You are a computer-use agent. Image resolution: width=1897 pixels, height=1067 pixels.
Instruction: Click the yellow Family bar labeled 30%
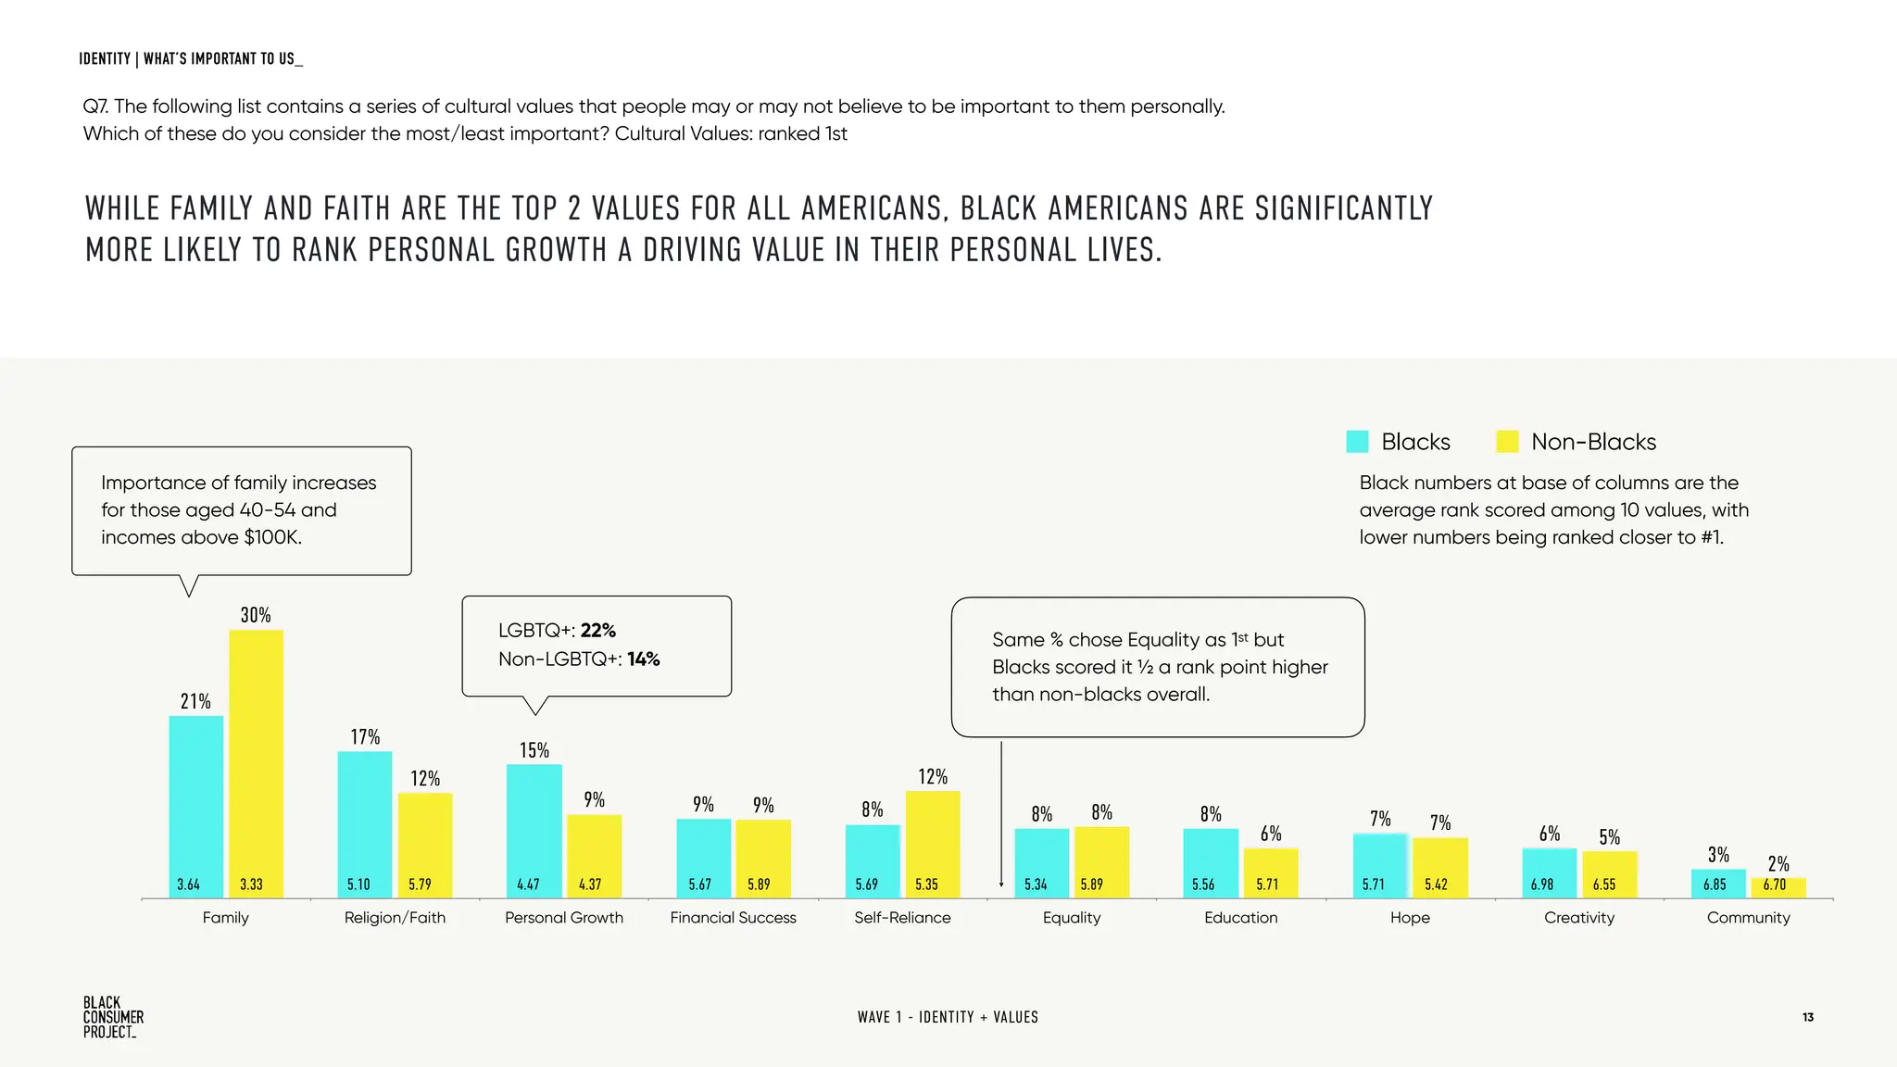pyautogui.click(x=256, y=759)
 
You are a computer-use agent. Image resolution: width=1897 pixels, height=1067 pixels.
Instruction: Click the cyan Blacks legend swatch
pyautogui.click(x=1357, y=442)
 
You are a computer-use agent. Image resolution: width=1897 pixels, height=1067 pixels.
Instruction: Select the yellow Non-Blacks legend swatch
pyautogui.click(x=1507, y=442)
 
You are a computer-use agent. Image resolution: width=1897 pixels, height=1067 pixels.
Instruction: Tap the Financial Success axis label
pyautogui.click(x=733, y=918)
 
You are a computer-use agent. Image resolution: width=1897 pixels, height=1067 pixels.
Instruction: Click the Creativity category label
pyautogui.click(x=1578, y=918)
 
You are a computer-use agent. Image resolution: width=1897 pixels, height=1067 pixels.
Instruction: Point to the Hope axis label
pyautogui.click(x=1409, y=918)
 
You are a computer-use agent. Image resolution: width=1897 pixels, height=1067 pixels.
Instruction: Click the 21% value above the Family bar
pyautogui.click(x=195, y=701)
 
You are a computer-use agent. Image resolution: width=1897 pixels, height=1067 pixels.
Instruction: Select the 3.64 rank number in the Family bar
pyautogui.click(x=188, y=885)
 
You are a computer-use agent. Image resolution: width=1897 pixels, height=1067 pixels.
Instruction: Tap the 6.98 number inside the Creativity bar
pyautogui.click(x=1541, y=885)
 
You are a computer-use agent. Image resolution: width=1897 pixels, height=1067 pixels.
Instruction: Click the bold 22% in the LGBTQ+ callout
pyautogui.click(x=597, y=631)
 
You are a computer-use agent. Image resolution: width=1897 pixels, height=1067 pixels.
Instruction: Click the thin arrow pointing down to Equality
pyautogui.click(x=1001, y=815)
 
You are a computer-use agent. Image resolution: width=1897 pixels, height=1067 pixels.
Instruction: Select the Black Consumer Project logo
pyautogui.click(x=113, y=1017)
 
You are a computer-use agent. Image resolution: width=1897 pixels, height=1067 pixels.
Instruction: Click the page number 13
pyautogui.click(x=1807, y=1017)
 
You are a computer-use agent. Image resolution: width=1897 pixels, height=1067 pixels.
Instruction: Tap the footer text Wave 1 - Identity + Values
pyautogui.click(x=947, y=1017)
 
